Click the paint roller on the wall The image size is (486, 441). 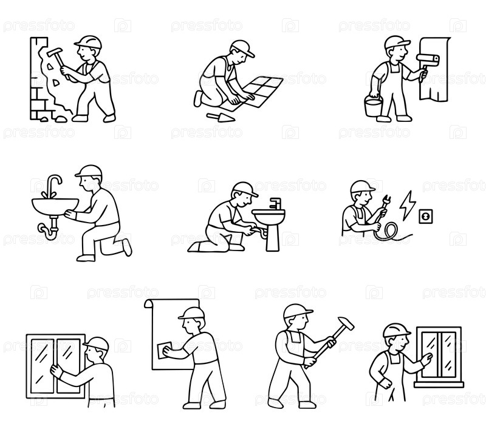(428, 59)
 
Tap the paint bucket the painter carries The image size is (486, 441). (374, 106)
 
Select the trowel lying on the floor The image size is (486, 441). (221, 118)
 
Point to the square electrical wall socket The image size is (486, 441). (426, 216)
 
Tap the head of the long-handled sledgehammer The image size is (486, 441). (346, 323)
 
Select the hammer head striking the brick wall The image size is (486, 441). (55, 53)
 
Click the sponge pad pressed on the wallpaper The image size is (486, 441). (165, 350)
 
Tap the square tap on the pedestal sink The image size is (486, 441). (275, 203)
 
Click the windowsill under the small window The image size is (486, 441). (439, 385)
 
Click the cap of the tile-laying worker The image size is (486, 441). (242, 48)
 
